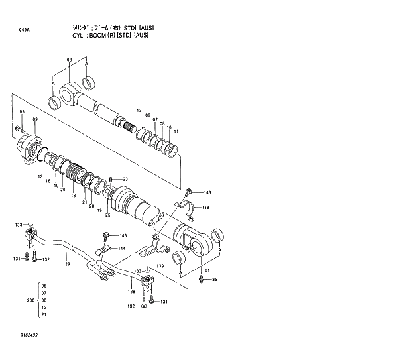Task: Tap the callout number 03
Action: tap(69, 60)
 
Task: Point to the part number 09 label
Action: tap(35, 119)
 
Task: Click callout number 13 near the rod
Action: tap(139, 110)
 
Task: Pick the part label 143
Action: tap(207, 192)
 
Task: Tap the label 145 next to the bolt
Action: tap(123, 236)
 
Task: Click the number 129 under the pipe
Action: tap(66, 265)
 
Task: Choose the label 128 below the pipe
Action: tap(131, 292)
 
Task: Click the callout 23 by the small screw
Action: tap(124, 179)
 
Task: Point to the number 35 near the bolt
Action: tap(214, 279)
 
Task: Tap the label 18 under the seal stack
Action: tap(73, 197)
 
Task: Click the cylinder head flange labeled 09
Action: tap(29, 149)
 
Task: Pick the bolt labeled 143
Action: tap(190, 192)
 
